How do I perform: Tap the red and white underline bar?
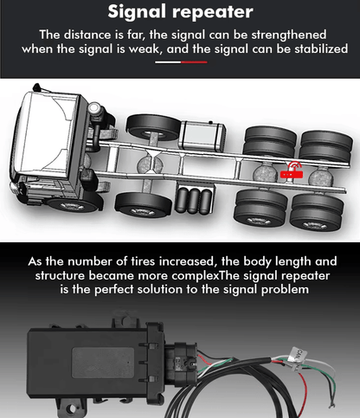pyautogui.click(x=180, y=62)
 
